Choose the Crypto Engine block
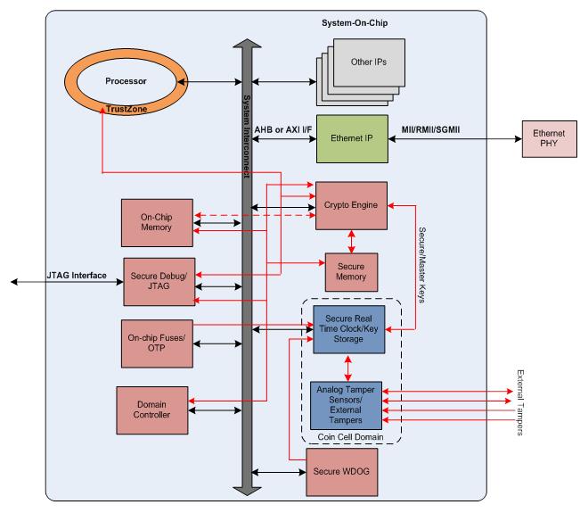click(351, 204)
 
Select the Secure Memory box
click(350, 273)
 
